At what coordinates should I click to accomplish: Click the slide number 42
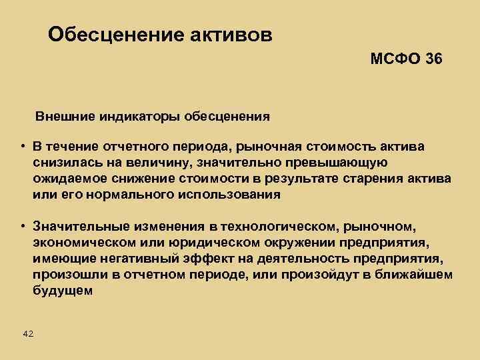(28, 333)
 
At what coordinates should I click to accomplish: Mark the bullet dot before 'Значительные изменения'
(22, 228)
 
